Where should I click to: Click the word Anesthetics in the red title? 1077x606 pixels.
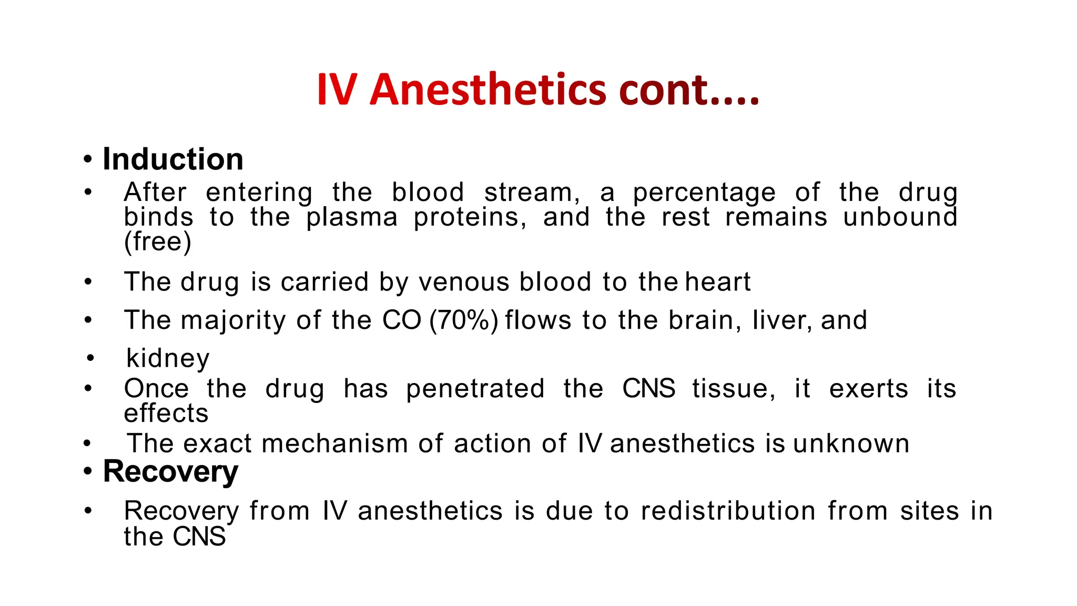488,89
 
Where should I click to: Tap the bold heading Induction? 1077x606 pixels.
173,159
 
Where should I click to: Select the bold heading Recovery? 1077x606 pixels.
170,471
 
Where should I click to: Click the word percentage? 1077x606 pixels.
704,193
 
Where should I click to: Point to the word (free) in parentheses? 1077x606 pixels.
158,242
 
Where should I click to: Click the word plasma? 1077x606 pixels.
352,217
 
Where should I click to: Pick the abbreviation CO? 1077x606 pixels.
402,320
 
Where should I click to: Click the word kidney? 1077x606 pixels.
168,359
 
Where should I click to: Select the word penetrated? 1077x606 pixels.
475,389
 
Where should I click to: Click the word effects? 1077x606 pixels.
166,413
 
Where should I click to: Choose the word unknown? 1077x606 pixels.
851,443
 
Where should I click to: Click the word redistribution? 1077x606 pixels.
728,511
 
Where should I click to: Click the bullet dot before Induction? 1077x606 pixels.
88,159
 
